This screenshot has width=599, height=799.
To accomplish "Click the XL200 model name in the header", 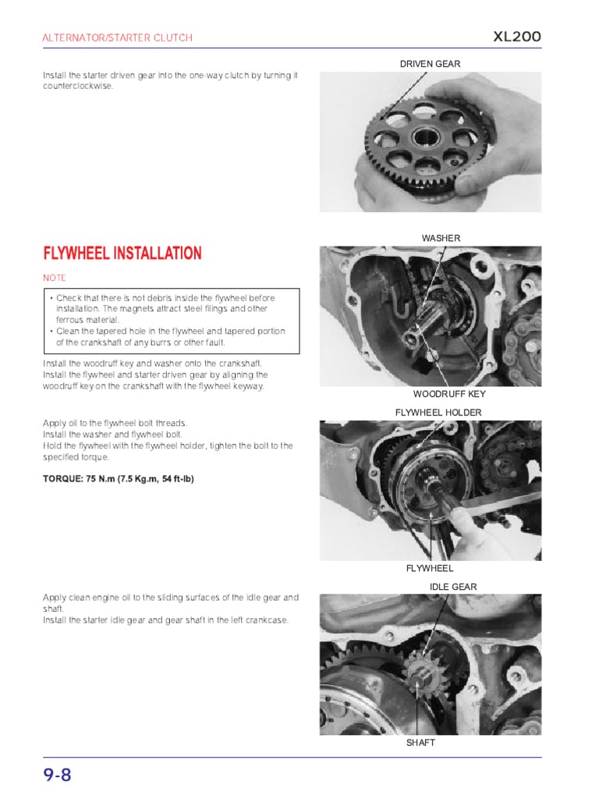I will pos(516,37).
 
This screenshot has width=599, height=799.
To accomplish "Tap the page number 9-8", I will pos(58,775).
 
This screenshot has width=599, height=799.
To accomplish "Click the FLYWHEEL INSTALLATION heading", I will pos(122,254).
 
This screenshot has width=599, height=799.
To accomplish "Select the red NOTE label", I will pos(55,278).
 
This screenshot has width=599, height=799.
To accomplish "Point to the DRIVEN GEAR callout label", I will pos(430,64).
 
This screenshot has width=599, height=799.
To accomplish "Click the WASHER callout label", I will pos(441,238).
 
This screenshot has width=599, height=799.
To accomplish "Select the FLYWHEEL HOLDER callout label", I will pos(438,412).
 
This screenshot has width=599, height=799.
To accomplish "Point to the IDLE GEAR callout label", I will pos(453,587).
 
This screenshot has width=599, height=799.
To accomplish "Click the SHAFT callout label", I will pos(420,743).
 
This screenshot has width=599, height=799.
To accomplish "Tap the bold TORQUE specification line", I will pos(118,478).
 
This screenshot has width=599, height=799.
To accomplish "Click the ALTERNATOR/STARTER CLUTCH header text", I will pos(117,37).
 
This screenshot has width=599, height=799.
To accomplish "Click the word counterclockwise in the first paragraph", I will pos(78,86).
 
